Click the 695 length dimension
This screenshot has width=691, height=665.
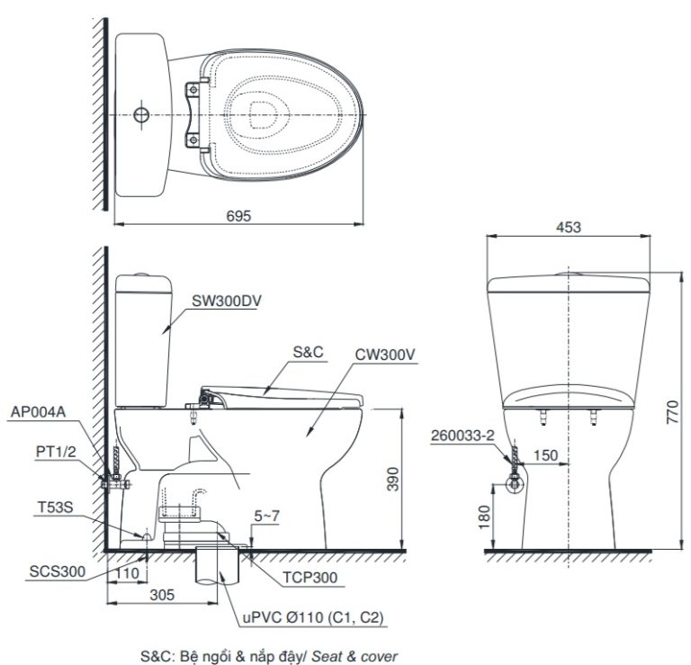238,216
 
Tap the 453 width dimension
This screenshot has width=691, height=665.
568,229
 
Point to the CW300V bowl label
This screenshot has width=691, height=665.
384,355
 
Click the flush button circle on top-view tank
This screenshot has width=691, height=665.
140,115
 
